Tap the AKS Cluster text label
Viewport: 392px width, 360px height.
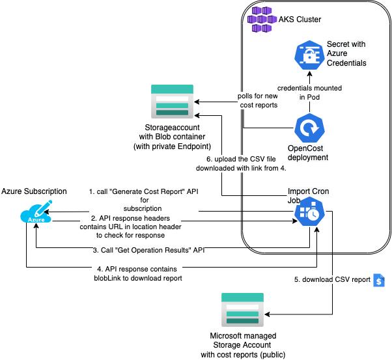click(x=300, y=20)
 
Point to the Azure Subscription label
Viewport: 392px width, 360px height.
click(x=34, y=191)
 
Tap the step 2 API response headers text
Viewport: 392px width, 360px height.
click(x=136, y=226)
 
